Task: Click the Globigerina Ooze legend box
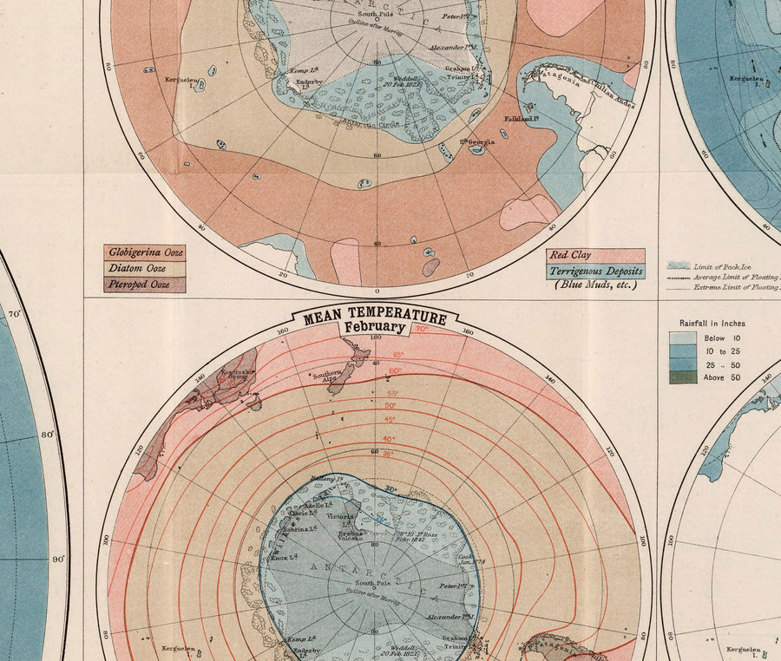(x=144, y=252)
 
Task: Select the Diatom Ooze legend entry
(x=144, y=268)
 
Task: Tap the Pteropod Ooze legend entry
(x=144, y=284)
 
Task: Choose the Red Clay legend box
(x=595, y=255)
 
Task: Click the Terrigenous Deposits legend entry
(x=595, y=271)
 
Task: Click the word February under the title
(x=374, y=328)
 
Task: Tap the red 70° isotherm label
(x=421, y=330)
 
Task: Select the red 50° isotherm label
(x=390, y=406)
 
